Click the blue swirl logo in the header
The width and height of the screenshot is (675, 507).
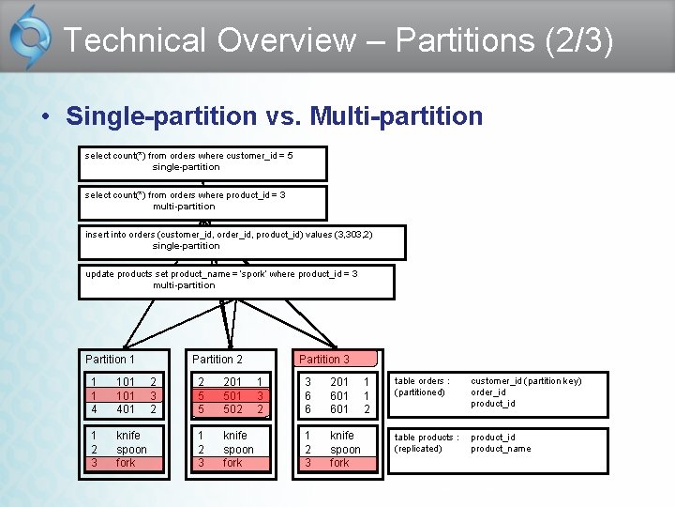[30, 38]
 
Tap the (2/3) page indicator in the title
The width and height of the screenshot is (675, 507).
[583, 40]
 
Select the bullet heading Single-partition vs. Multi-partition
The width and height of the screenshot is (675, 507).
[274, 116]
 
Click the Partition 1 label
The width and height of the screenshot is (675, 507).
[110, 360]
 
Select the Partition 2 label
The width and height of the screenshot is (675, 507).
[217, 360]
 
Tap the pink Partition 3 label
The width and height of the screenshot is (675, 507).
[324, 360]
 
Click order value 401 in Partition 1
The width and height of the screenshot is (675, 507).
[126, 409]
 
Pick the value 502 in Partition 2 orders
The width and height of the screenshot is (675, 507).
[232, 409]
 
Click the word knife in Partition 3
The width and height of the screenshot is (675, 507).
[342, 436]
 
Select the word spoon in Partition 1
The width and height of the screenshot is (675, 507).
[131, 450]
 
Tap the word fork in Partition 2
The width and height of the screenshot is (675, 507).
[232, 463]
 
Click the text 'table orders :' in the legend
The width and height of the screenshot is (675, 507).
[422, 381]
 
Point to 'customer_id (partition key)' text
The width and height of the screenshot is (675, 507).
[526, 381]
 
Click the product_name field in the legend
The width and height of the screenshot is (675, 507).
[501, 449]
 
